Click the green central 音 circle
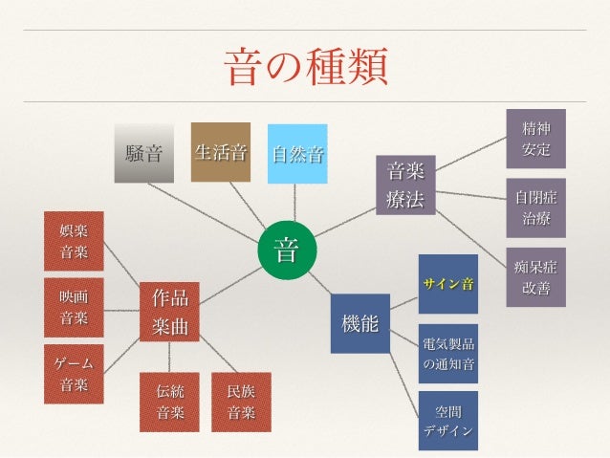pos(285,252)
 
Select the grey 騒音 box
pos(144,153)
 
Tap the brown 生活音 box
pos(221,152)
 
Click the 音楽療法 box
pos(405,185)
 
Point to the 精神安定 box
pos(535,139)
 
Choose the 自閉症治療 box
pos(535,207)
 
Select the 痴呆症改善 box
pos(535,276)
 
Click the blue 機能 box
pos(359,323)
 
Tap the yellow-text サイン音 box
pos(448,284)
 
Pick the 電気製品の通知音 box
pos(448,353)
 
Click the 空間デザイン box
pos(448,421)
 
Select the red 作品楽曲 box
pos(170,310)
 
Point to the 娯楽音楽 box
pos(74,241)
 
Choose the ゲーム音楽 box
pos(74,373)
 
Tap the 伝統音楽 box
pos(170,402)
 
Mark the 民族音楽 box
pos(241,402)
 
